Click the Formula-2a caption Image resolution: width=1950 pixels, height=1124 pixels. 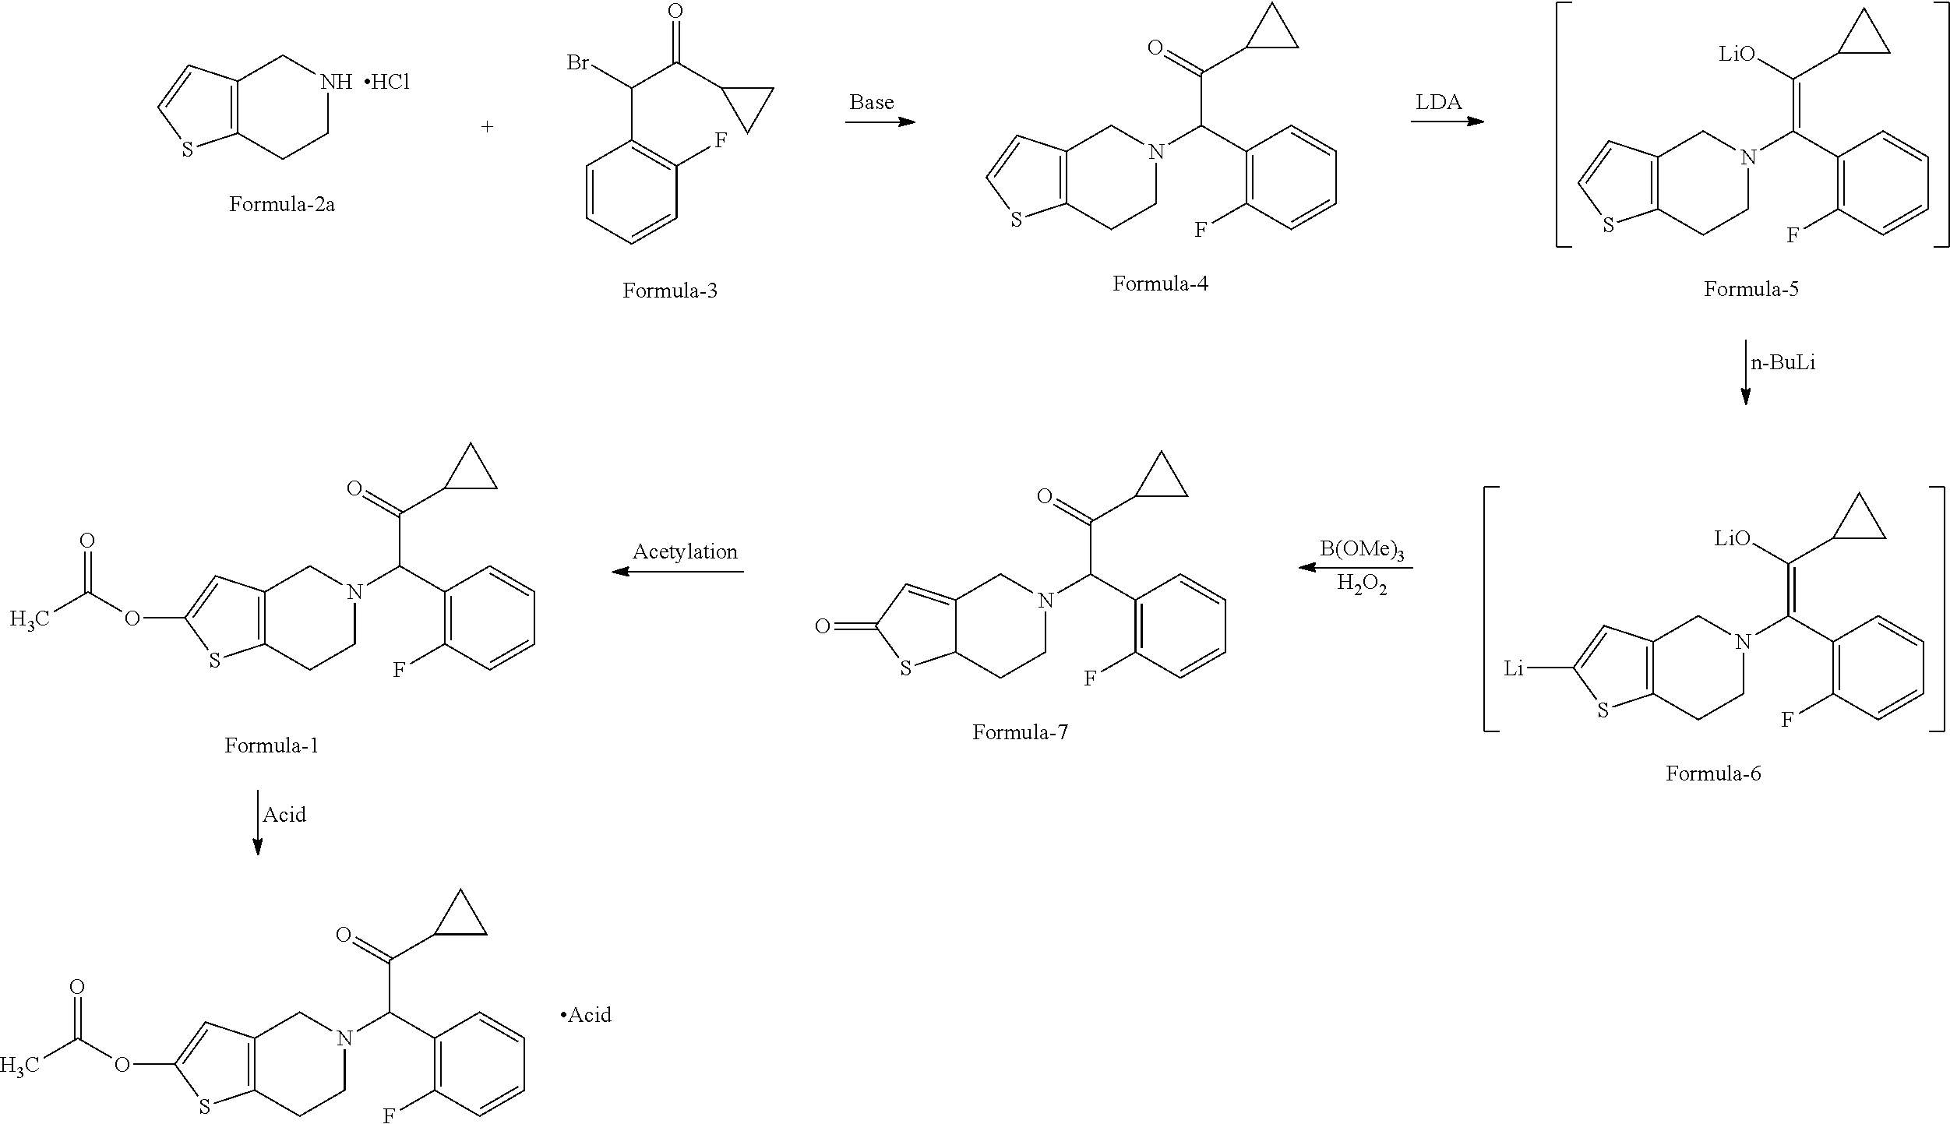282,204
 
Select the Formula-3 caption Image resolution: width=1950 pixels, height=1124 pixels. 669,291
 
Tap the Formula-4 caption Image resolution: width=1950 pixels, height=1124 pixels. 1160,284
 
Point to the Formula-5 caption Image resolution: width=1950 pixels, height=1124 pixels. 1751,289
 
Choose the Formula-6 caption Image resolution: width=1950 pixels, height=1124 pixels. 1713,773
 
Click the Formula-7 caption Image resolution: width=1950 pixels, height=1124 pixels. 1020,732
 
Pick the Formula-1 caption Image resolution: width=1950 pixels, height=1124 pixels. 272,745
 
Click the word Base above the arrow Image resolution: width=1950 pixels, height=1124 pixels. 871,102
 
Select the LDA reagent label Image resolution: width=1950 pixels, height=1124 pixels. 1438,102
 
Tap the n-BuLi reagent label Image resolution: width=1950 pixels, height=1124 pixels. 1783,363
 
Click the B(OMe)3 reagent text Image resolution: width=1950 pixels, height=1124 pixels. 1362,550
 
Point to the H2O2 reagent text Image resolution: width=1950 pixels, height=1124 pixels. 1362,583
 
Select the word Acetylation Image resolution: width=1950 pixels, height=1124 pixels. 685,551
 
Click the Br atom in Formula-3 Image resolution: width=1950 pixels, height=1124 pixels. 578,62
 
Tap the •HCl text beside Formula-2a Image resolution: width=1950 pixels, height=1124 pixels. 387,82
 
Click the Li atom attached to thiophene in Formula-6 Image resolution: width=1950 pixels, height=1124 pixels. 1513,668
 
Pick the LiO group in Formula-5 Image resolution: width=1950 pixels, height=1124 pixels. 1737,54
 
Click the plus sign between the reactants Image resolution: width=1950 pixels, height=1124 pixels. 487,126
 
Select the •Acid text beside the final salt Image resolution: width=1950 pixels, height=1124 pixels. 586,1015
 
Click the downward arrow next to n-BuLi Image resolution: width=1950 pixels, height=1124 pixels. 1745,372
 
